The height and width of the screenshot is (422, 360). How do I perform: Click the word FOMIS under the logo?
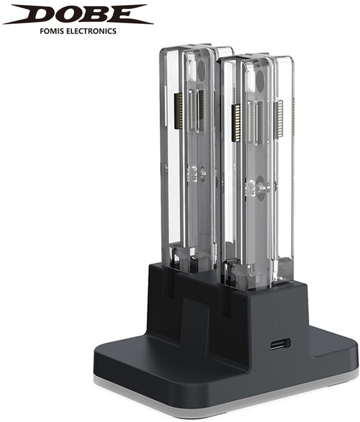click(x=52, y=31)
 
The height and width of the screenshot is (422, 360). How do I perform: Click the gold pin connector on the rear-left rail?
click(x=179, y=111)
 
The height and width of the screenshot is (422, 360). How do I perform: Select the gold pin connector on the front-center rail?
click(x=237, y=123)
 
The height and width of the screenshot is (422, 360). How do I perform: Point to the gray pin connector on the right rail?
click(x=278, y=119)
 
